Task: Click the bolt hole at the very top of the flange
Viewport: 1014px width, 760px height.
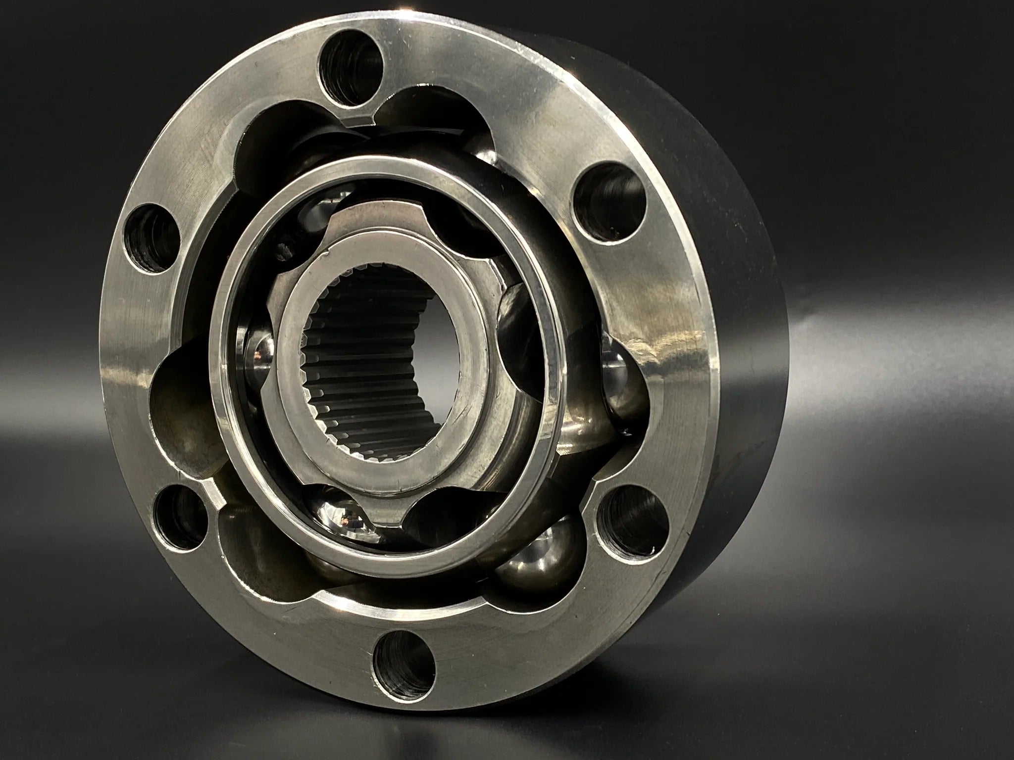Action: [x=352, y=66]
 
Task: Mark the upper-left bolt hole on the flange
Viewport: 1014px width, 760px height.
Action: [x=152, y=237]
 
